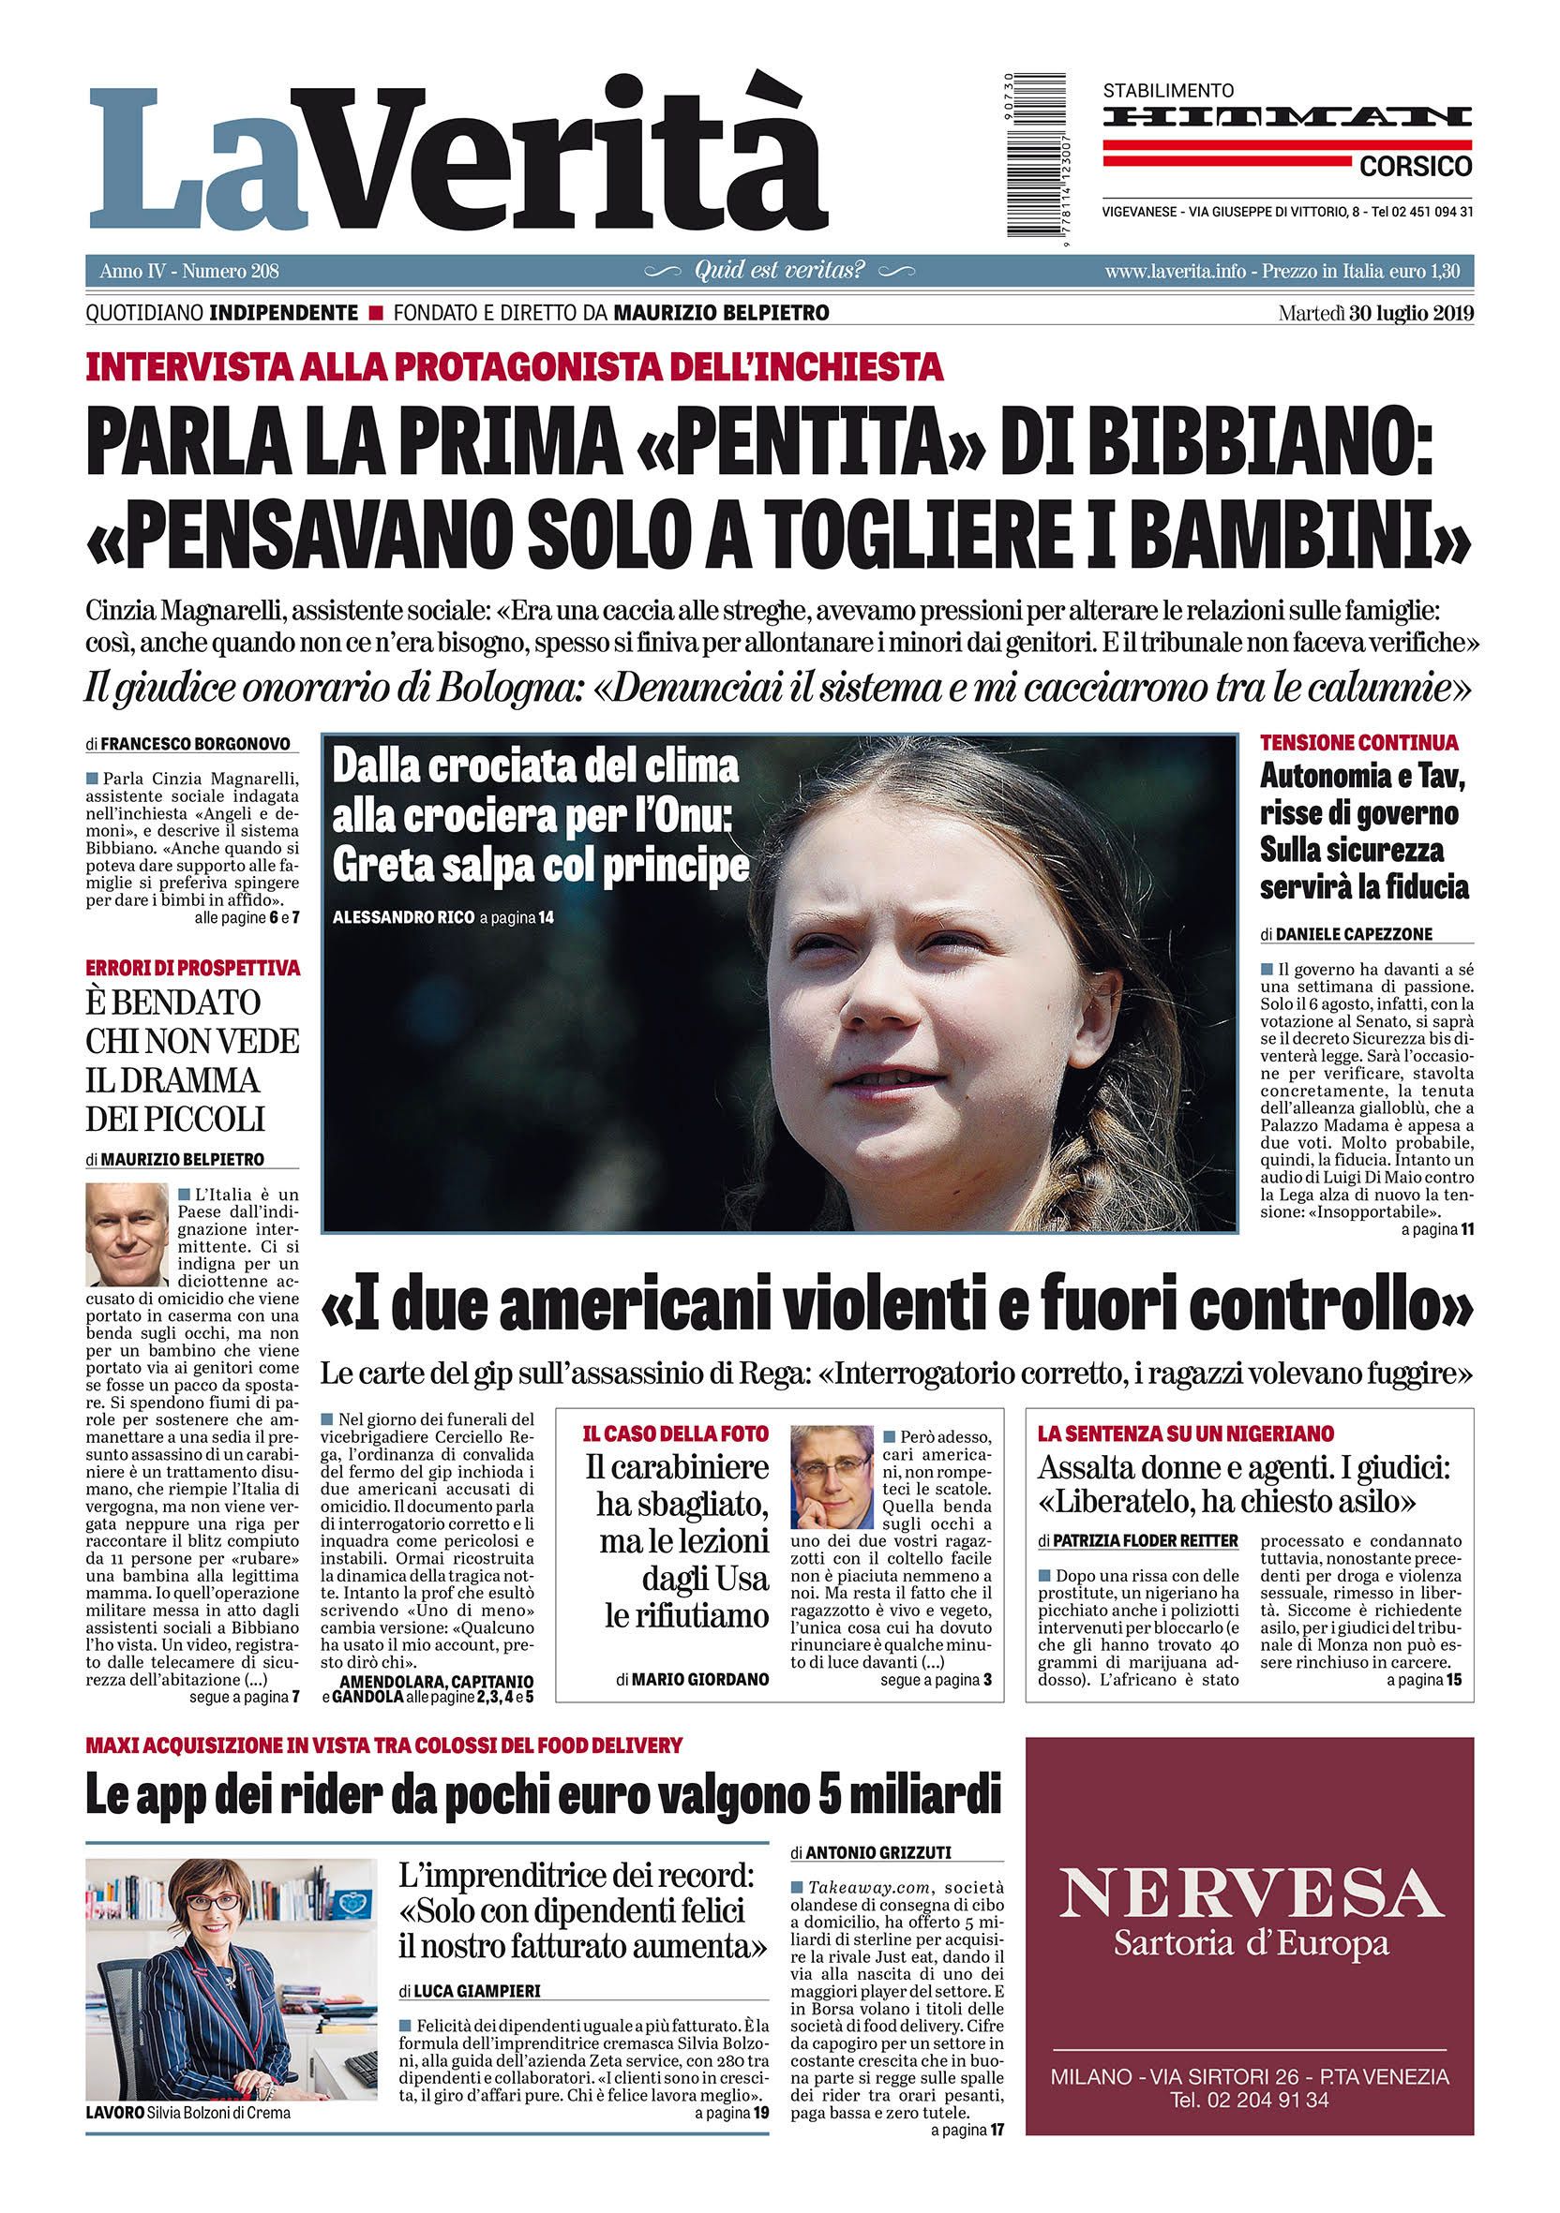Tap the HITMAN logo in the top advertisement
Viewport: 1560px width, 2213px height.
click(x=1287, y=118)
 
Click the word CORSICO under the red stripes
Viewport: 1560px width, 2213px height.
click(x=1416, y=167)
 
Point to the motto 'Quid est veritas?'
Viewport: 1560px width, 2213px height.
click(x=779, y=271)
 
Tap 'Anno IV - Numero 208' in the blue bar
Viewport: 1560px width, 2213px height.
click(x=189, y=272)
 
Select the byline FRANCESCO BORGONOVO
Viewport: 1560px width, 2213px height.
click(x=199, y=744)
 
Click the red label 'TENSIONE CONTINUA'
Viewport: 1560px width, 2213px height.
click(x=1358, y=742)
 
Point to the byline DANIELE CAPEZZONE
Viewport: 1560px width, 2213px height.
click(x=1354, y=933)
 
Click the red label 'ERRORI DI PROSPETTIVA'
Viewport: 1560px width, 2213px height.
click(x=192, y=968)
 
